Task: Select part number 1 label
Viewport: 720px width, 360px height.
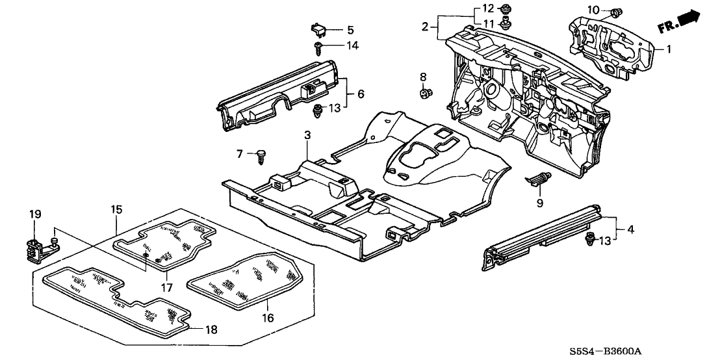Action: tap(669, 49)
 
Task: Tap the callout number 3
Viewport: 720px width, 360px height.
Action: tap(307, 135)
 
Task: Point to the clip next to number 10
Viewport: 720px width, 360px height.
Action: tap(614, 11)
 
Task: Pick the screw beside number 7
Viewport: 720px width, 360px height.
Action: tap(263, 154)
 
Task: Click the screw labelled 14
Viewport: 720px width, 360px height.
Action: tap(320, 46)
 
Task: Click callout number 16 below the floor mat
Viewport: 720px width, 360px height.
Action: tap(268, 318)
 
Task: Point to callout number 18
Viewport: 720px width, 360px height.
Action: tap(212, 330)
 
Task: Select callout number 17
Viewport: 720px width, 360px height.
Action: tap(166, 287)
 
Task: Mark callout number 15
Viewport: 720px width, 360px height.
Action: tap(116, 209)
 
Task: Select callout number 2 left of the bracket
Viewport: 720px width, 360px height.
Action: tap(425, 27)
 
